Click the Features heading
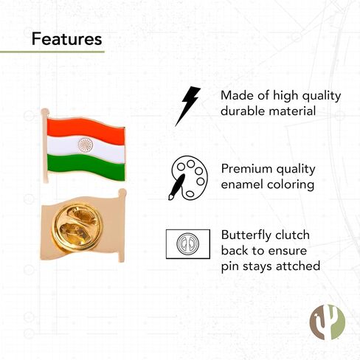66,39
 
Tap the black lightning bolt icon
187,106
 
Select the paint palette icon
189,178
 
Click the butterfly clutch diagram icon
188,244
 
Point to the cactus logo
328,322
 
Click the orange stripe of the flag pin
86,131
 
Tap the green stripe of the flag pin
86,167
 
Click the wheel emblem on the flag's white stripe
86,145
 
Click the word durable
243,111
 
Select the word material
292,111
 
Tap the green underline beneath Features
52,52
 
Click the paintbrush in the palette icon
177,187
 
